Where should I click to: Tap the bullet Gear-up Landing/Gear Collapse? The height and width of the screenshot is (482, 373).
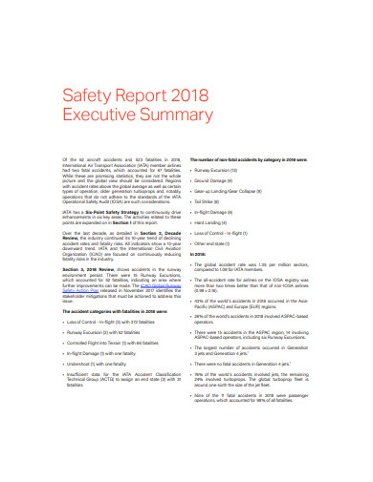(234, 192)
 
